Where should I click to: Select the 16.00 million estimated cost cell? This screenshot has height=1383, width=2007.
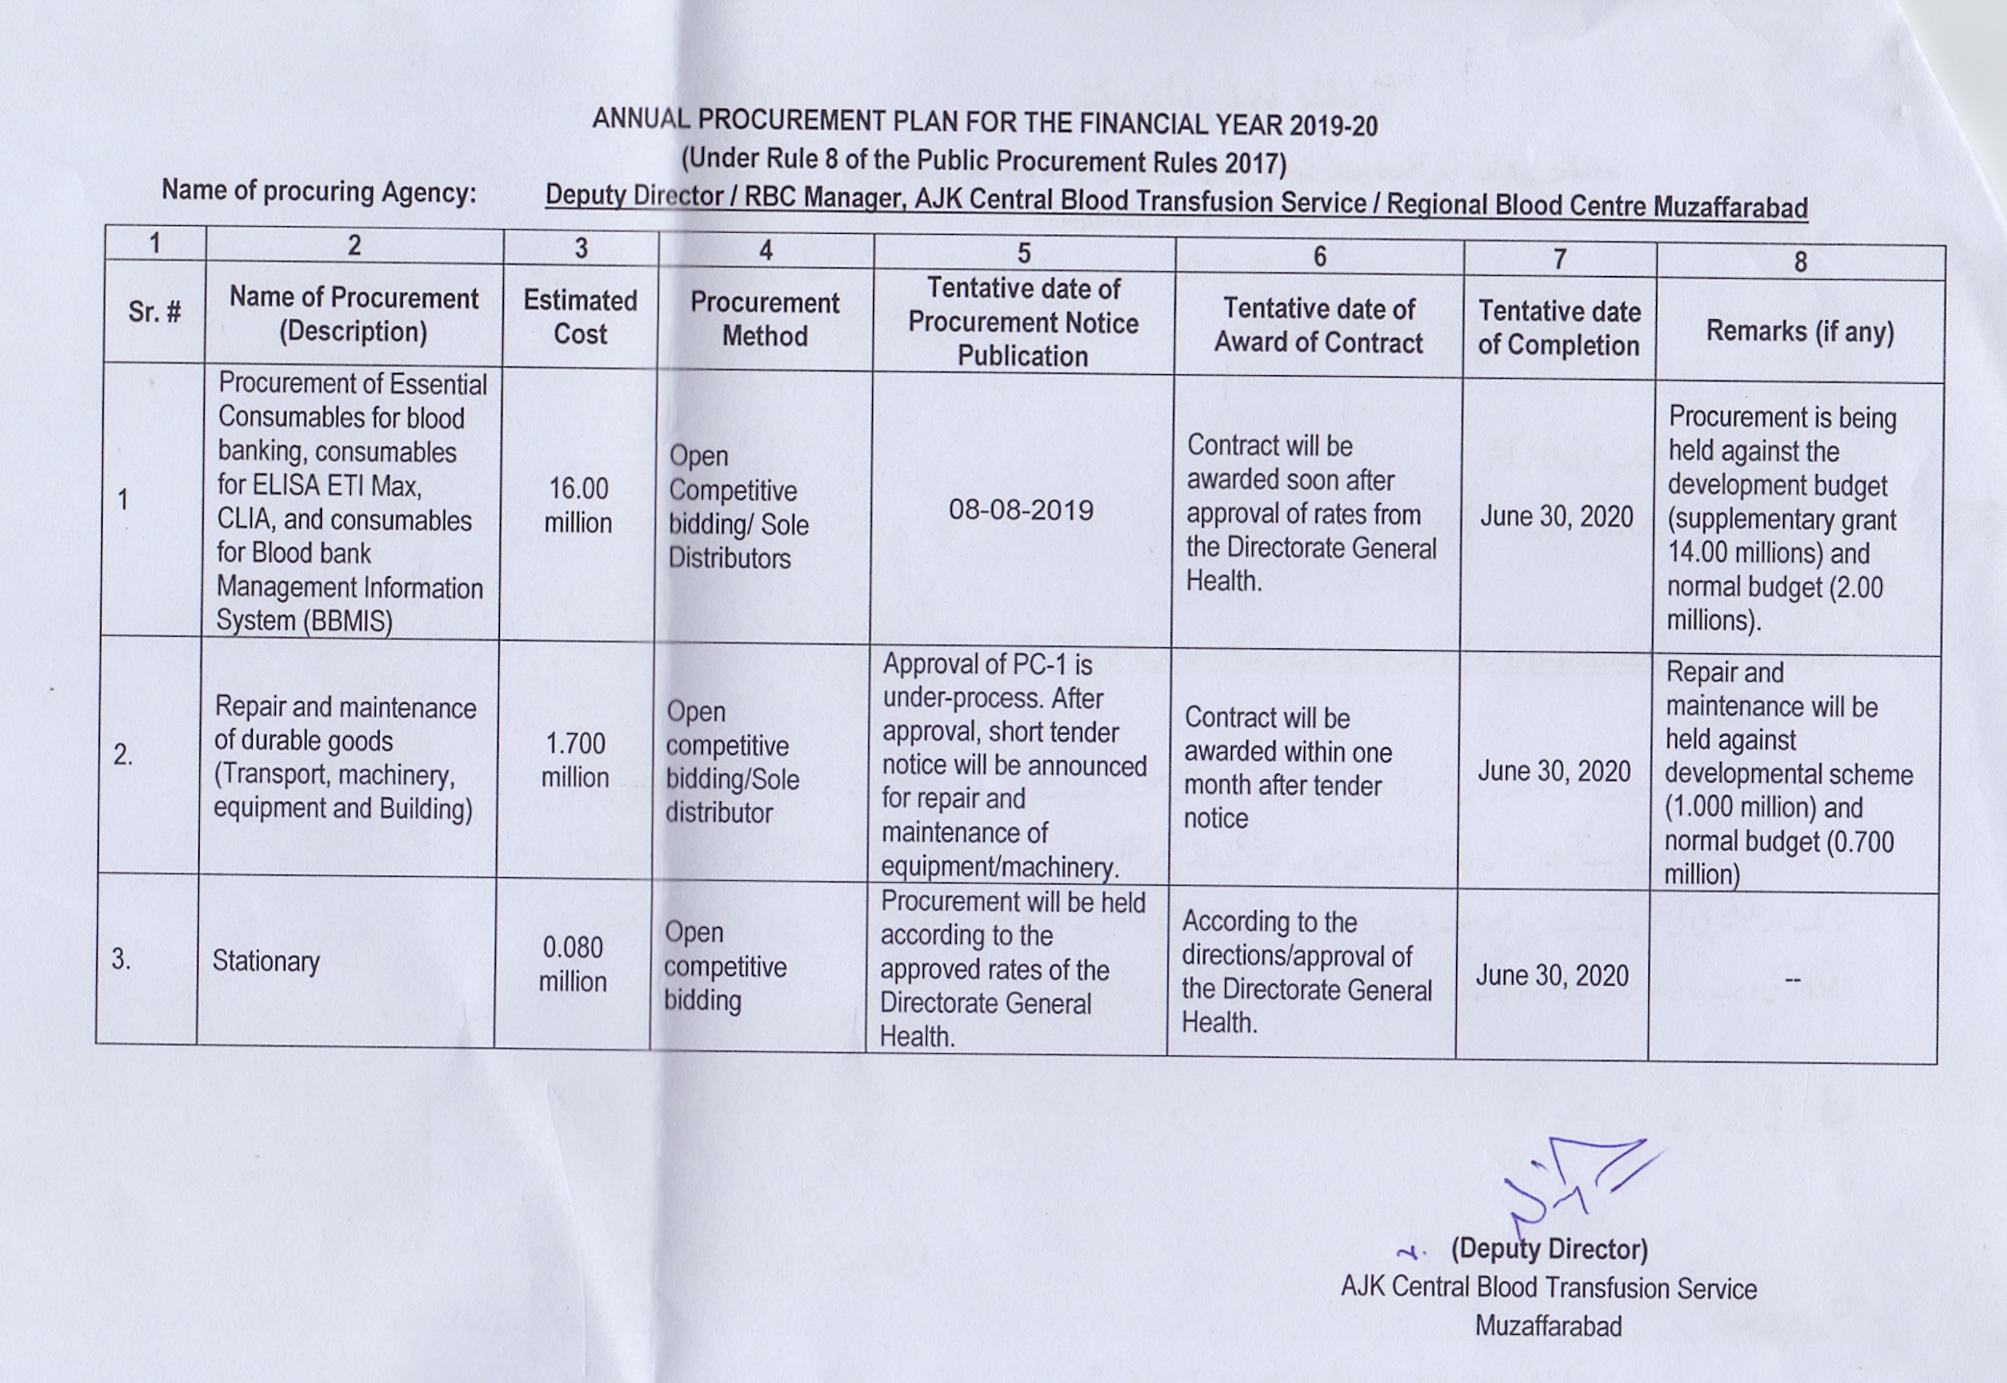coord(578,505)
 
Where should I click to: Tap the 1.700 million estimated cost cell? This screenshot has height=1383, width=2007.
coord(575,760)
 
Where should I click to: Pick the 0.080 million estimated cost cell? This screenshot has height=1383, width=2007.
coord(572,964)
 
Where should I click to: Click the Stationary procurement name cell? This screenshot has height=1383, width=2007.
coord(265,961)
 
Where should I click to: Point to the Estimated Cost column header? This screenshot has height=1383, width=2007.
coord(580,316)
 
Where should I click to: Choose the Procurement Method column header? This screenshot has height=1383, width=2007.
coord(765,319)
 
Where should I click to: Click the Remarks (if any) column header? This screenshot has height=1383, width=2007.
coord(1799,332)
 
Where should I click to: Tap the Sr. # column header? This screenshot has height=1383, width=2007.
coord(154,312)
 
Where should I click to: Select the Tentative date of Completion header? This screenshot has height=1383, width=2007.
coord(1558,328)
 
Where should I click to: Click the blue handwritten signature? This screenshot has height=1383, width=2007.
coord(1577,1183)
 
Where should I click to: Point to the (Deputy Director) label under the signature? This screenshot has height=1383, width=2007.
coord(1548,1249)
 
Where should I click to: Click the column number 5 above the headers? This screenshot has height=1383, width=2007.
coord(1023,253)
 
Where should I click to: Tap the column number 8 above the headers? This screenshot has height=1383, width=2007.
coord(1799,262)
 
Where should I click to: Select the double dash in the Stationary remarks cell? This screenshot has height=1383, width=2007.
coord(1793,979)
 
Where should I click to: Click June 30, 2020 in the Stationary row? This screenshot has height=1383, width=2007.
coord(1551,975)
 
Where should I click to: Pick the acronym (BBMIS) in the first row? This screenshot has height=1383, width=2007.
coord(347,621)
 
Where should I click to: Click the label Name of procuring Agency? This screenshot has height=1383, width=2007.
coord(318,191)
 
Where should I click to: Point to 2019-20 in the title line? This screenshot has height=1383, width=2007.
coord(1333,125)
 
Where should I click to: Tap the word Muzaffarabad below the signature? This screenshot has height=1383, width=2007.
coord(1547,1326)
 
